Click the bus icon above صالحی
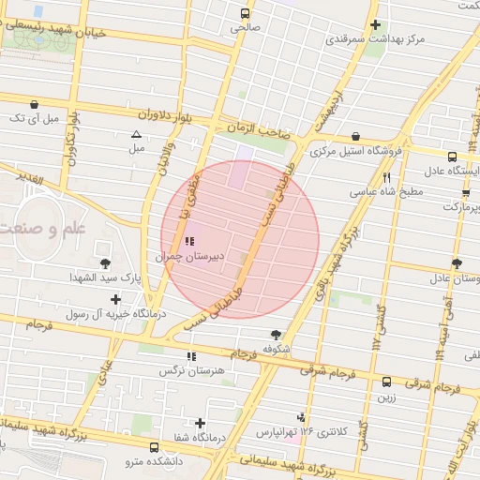[246, 14]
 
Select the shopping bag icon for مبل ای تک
[35, 104]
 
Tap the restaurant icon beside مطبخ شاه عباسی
[386, 176]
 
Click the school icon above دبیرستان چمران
[190, 242]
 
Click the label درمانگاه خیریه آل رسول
[114, 314]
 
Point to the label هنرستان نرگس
[192, 371]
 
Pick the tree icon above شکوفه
[276, 335]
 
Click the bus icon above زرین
[386, 382]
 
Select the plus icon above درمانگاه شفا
[199, 423]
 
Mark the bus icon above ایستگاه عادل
[452, 157]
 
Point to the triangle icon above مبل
[137, 135]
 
